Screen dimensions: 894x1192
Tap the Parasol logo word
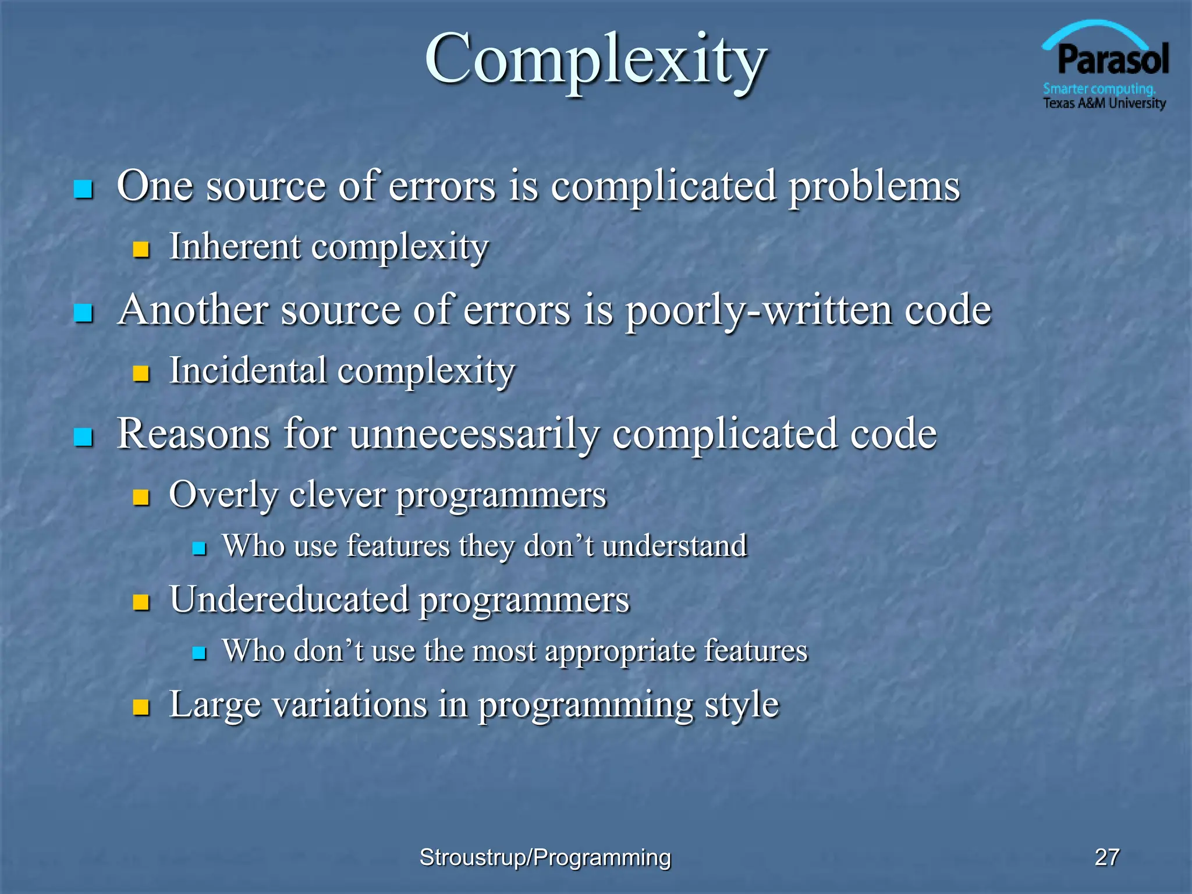(1112, 60)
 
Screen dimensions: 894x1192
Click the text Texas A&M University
(1104, 104)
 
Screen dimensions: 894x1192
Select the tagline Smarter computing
(1099, 89)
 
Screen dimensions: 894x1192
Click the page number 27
(1106, 857)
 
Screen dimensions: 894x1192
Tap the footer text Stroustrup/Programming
(545, 857)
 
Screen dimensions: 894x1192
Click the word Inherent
(235, 246)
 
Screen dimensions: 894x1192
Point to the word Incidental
(248, 371)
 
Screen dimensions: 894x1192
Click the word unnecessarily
(474, 434)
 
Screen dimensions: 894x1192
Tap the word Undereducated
(289, 599)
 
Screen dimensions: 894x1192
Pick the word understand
(675, 546)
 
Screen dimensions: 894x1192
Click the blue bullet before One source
(84, 189)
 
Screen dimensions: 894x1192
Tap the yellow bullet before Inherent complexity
(141, 250)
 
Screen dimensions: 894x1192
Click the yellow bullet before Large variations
(141, 707)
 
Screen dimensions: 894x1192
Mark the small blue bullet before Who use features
(200, 548)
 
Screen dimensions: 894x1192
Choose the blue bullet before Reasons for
(84, 437)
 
